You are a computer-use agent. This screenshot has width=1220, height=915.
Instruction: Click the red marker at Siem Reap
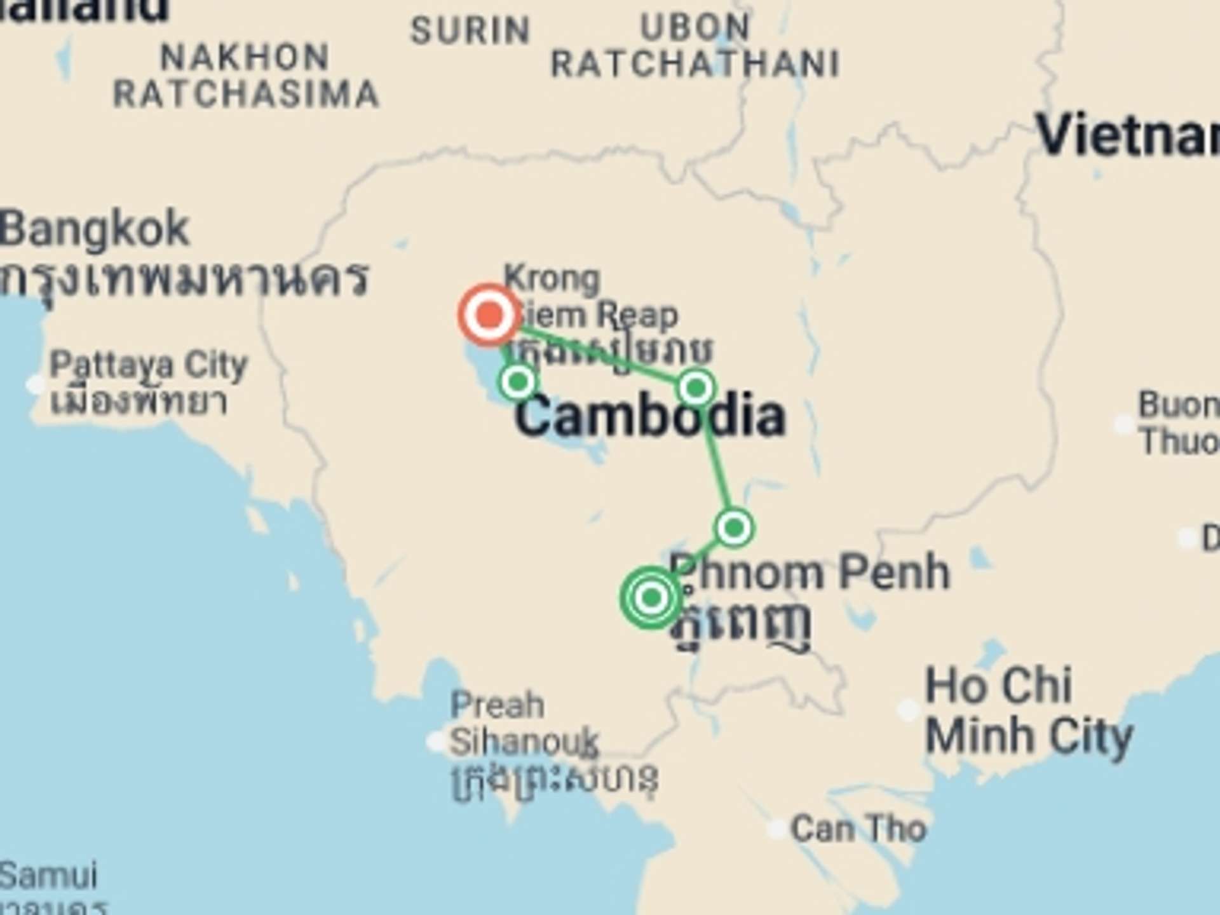[x=489, y=315]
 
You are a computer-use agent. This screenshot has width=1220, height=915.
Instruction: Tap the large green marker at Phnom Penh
[x=651, y=597]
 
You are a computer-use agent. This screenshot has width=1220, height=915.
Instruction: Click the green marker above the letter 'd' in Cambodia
[x=696, y=387]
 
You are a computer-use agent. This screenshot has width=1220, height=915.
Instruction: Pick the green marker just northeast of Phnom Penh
[x=734, y=527]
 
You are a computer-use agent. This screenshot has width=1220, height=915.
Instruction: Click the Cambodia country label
[x=649, y=416]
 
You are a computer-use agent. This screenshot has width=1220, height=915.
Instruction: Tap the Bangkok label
[x=94, y=229]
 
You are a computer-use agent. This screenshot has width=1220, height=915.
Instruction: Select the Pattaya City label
[x=148, y=365]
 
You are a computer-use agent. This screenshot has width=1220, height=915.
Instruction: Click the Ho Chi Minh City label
[x=1028, y=710]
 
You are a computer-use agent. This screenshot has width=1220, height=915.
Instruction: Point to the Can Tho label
[x=858, y=829]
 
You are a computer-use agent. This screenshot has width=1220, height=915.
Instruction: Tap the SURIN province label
[x=470, y=30]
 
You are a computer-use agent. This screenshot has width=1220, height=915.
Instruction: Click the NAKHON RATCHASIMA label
[x=246, y=76]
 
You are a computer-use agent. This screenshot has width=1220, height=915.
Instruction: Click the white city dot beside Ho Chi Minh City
[x=908, y=709]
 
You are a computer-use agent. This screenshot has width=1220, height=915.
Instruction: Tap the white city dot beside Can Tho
[x=776, y=829]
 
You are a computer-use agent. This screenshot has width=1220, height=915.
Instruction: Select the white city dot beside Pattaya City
[x=36, y=384]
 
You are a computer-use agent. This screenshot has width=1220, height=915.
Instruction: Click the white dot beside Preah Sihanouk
[x=437, y=741]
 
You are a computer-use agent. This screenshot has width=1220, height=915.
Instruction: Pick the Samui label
[x=49, y=876]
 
